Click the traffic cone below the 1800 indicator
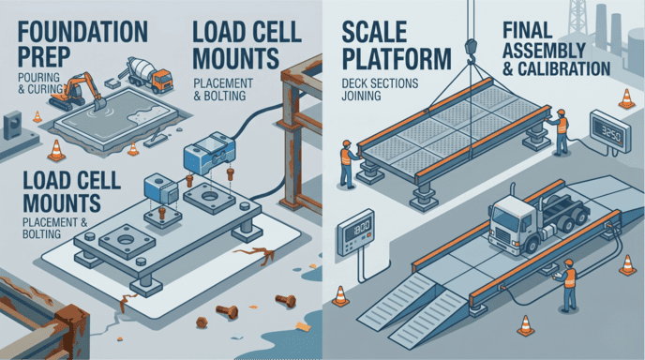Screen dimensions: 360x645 [x=341, y=299]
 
